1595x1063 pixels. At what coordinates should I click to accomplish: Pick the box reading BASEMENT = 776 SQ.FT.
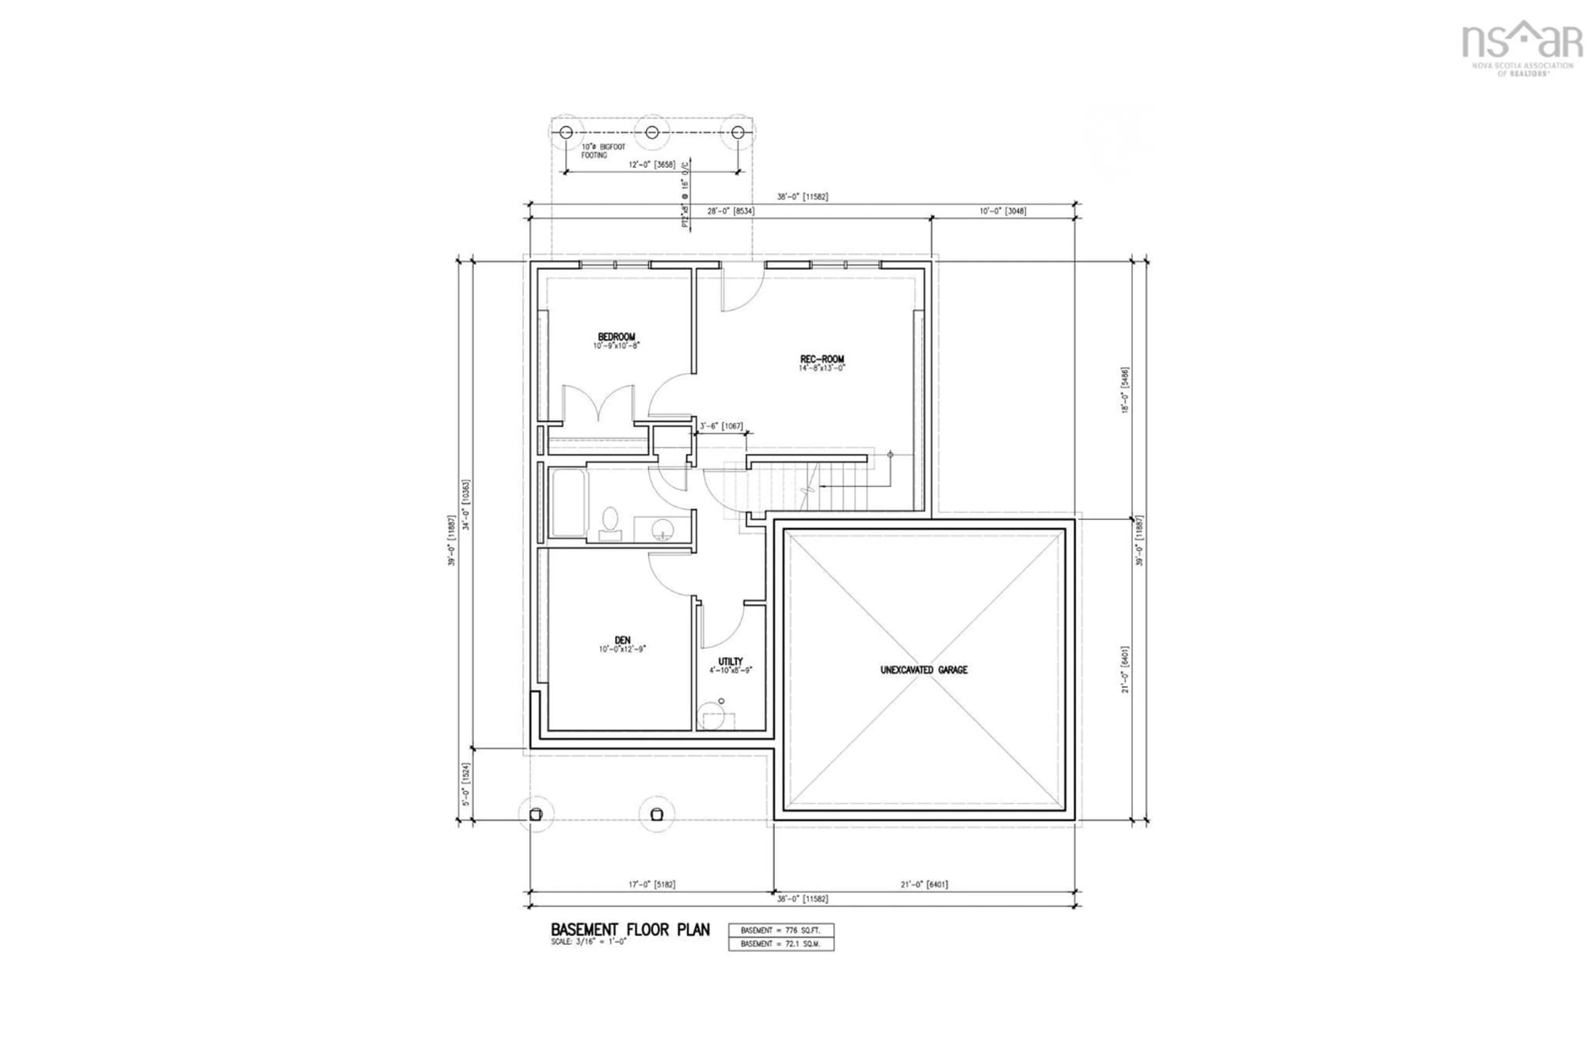(780, 930)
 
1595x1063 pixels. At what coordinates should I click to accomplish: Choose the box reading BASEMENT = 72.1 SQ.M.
(780, 944)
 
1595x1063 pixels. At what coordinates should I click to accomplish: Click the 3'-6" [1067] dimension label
(721, 426)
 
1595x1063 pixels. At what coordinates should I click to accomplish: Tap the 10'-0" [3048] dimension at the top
(1002, 211)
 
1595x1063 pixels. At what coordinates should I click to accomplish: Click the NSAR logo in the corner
(1521, 47)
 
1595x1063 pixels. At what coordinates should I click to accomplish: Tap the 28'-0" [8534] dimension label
(731, 211)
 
